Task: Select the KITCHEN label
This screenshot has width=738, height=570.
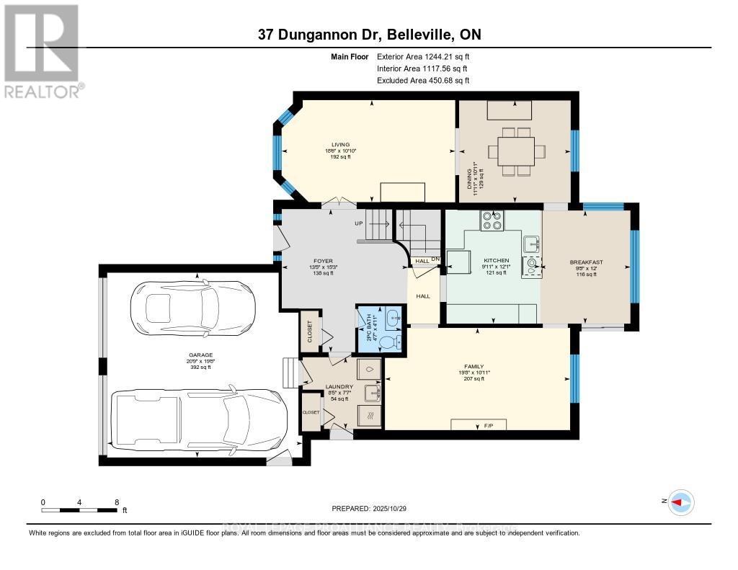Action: (x=497, y=260)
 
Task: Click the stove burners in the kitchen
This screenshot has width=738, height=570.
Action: (x=492, y=219)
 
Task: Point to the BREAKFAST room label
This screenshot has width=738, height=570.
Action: (x=586, y=262)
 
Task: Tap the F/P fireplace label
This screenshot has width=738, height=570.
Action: (x=478, y=427)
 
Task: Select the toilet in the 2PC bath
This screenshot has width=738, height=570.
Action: (x=389, y=342)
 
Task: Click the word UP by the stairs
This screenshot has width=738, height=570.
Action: (x=358, y=223)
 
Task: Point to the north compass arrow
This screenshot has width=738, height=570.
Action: (x=680, y=502)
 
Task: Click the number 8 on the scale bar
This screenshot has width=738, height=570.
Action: (x=117, y=502)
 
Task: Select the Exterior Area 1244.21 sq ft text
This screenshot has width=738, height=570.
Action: (x=423, y=56)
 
